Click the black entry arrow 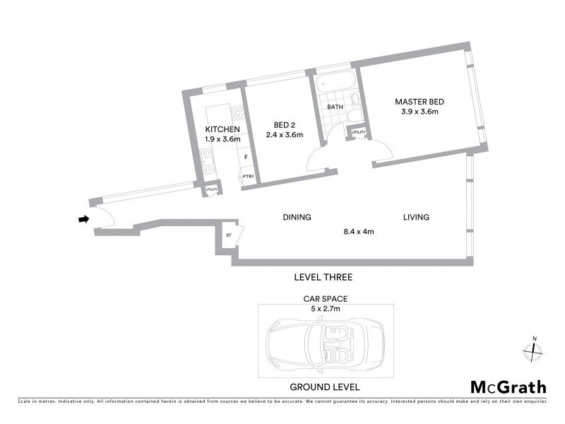83,220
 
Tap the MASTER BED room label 420,102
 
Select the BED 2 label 284,125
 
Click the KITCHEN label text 222,129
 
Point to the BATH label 335,107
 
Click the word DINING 297,217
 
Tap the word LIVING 416,217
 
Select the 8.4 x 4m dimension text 358,231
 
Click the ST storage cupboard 230,235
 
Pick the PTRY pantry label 248,177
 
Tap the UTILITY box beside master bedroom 359,132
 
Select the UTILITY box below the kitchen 210,189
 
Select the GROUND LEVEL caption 325,387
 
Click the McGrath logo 508,387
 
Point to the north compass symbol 534,349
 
